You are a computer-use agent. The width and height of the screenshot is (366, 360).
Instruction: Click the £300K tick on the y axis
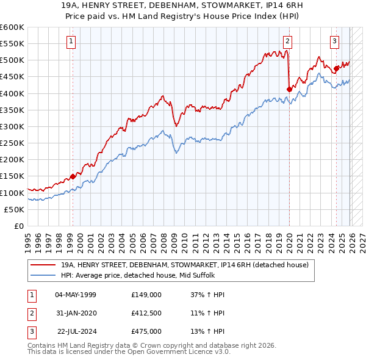click(12, 126)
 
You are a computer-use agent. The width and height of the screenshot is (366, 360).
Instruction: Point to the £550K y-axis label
click(12, 44)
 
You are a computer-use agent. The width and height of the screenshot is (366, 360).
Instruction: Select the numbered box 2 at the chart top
click(287, 41)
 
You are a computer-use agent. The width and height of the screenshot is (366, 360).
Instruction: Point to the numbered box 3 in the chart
click(335, 41)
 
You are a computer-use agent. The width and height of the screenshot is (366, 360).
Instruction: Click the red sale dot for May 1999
click(73, 176)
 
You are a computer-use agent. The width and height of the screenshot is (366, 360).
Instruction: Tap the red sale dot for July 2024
click(336, 68)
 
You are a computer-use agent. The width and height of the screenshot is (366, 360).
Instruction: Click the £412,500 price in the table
click(146, 312)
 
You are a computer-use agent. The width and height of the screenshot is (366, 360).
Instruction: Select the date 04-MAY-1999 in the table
click(75, 294)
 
